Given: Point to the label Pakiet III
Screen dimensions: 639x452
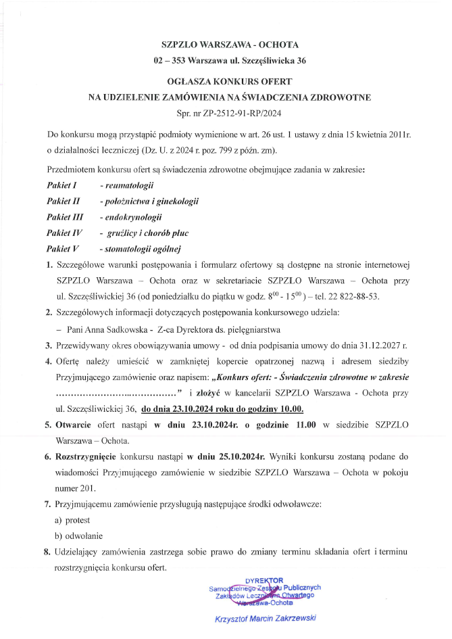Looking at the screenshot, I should click(x=64, y=217).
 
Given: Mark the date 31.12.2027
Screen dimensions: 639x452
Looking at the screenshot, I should click(x=378, y=345).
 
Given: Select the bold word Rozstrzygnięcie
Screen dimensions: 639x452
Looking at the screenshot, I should click(x=89, y=456).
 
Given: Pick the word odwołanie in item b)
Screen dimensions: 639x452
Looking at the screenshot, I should click(x=82, y=536).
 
